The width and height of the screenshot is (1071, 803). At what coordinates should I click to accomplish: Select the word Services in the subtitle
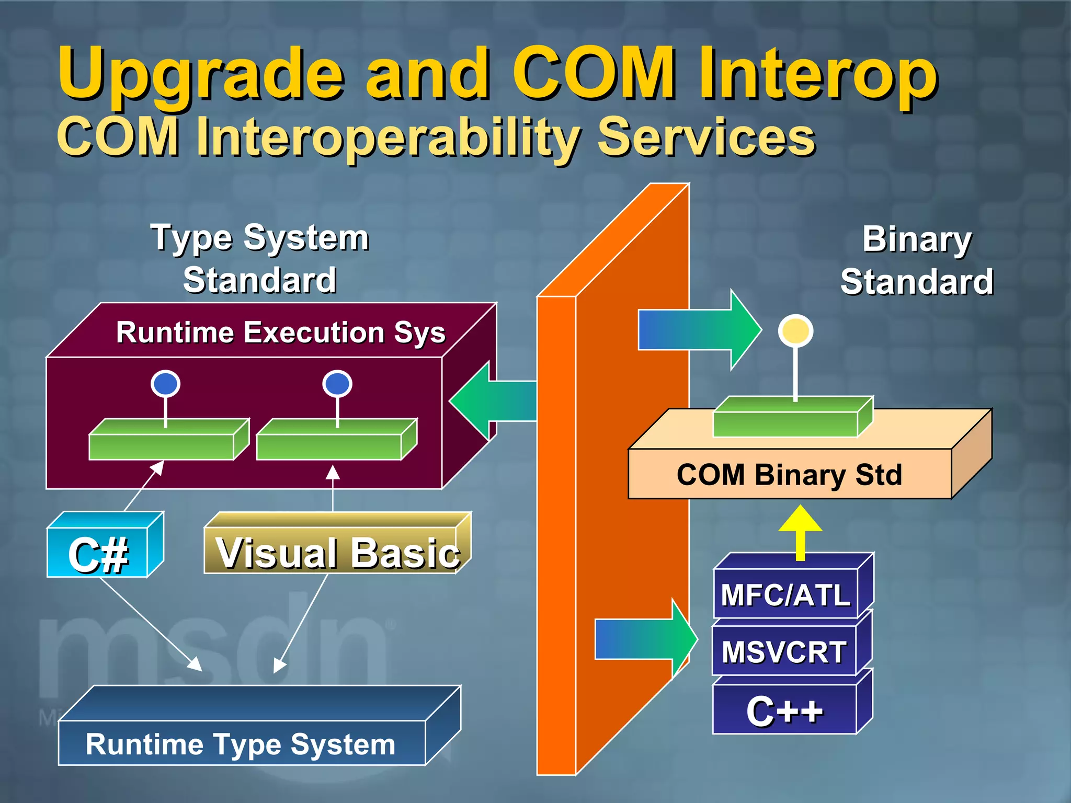tap(706, 137)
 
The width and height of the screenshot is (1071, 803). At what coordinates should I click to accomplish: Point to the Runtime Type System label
tap(241, 744)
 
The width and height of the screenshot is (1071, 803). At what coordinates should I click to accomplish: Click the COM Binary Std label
tap(790, 475)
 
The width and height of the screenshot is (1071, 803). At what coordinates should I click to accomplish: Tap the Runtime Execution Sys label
tap(281, 332)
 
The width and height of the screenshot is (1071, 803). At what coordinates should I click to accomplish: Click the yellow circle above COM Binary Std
tap(795, 331)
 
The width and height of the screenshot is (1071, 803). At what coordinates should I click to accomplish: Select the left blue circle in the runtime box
tap(165, 384)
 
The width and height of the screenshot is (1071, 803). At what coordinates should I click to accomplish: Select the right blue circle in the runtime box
tap(337, 384)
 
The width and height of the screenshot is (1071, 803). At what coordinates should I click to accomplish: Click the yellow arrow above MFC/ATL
tap(800, 531)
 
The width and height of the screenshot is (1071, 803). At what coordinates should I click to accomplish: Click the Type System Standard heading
tap(260, 259)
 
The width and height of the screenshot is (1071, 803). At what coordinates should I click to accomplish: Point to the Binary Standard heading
tap(917, 260)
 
